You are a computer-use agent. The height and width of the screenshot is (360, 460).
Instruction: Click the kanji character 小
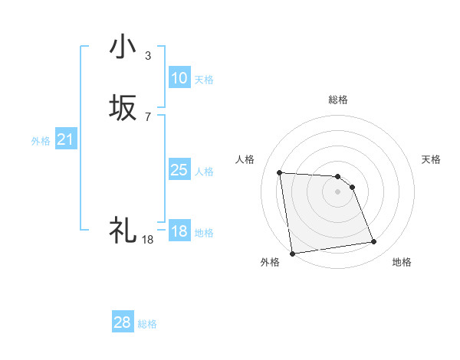click(123, 47)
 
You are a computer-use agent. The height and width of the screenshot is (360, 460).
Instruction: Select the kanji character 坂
click(123, 108)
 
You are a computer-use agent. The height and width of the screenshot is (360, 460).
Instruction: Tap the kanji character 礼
click(123, 230)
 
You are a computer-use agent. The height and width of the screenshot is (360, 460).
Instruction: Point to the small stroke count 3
click(148, 56)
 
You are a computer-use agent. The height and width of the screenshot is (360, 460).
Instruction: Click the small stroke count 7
click(148, 116)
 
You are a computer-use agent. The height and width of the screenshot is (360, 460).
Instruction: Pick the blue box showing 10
click(179, 78)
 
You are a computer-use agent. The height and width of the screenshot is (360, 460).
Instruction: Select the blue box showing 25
click(179, 170)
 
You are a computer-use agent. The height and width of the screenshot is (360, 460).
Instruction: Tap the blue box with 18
click(179, 232)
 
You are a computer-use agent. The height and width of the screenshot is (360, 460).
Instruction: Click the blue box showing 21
click(66, 139)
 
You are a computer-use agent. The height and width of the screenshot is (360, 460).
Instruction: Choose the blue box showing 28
click(123, 322)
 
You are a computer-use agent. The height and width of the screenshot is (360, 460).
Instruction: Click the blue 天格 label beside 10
click(204, 80)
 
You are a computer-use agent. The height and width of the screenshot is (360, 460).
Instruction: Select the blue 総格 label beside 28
click(147, 324)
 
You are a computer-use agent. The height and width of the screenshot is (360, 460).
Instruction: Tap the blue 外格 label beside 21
click(41, 141)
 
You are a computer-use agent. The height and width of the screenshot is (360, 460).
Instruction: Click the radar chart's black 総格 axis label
click(338, 100)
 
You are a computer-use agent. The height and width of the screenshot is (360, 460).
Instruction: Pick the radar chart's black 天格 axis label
click(431, 159)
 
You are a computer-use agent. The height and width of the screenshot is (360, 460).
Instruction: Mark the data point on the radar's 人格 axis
click(280, 172)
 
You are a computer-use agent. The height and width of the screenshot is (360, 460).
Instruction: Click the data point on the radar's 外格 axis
click(292, 253)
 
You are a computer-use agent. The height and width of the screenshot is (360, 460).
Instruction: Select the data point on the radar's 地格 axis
click(373, 242)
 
